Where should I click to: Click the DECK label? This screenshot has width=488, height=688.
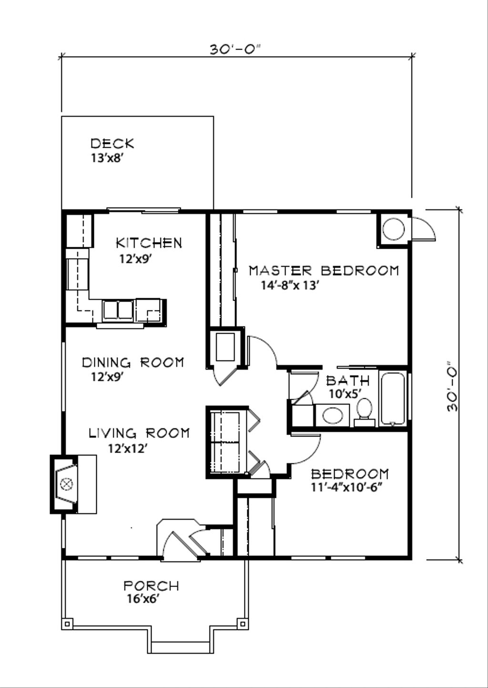(x=112, y=143)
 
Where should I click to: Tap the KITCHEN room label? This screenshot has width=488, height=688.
(x=149, y=243)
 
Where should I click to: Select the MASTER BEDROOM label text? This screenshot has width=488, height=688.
(x=324, y=271)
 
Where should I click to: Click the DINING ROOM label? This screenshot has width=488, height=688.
(x=133, y=363)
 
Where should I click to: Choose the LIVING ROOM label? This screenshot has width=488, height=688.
(x=139, y=433)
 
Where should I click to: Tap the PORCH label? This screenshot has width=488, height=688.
(x=151, y=586)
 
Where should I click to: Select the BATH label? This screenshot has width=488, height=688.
(x=347, y=381)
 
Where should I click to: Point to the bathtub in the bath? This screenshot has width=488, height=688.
(x=393, y=399)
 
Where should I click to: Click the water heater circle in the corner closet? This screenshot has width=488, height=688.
(x=394, y=229)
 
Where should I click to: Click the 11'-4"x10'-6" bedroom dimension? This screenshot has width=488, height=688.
(x=347, y=488)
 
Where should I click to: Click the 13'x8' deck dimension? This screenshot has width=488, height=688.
(x=108, y=158)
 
